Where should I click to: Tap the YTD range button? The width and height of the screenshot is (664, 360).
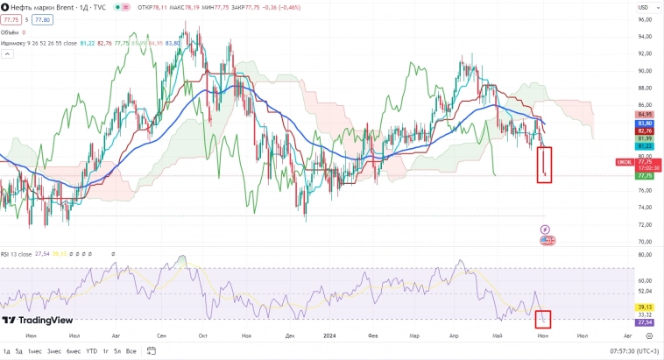[91, 351]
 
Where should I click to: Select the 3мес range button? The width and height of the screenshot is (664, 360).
[54, 351]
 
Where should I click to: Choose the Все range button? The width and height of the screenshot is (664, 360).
[131, 351]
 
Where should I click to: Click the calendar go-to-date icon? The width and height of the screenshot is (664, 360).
[146, 351]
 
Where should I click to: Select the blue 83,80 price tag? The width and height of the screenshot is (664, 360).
[645, 123]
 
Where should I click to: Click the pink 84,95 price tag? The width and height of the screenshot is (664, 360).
[645, 115]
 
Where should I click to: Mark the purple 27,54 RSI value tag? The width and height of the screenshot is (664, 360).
[645, 323]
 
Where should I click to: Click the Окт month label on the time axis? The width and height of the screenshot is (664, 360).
[203, 335]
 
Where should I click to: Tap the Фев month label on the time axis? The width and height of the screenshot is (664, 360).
[372, 335]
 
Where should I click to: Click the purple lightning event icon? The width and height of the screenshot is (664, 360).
[546, 229]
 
